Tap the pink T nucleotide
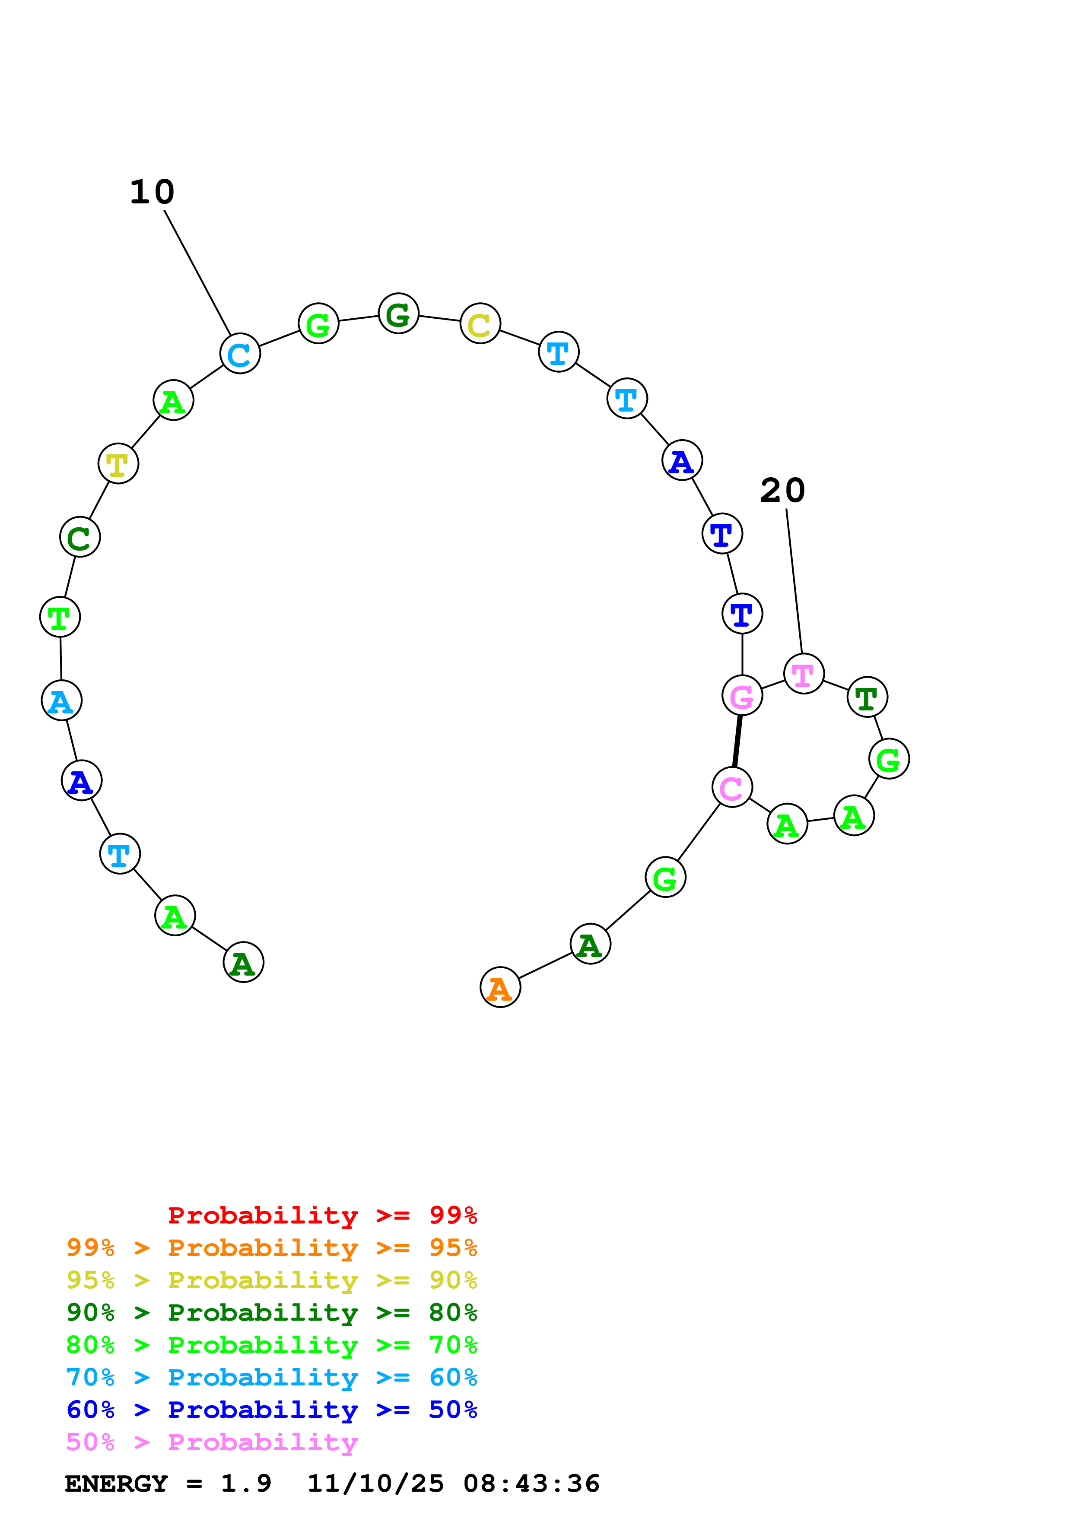(x=803, y=674)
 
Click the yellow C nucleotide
(x=480, y=323)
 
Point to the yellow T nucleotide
(x=118, y=463)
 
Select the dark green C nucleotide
(x=80, y=537)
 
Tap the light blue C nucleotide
(x=239, y=354)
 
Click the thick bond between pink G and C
(x=737, y=741)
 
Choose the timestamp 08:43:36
(x=531, y=1483)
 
